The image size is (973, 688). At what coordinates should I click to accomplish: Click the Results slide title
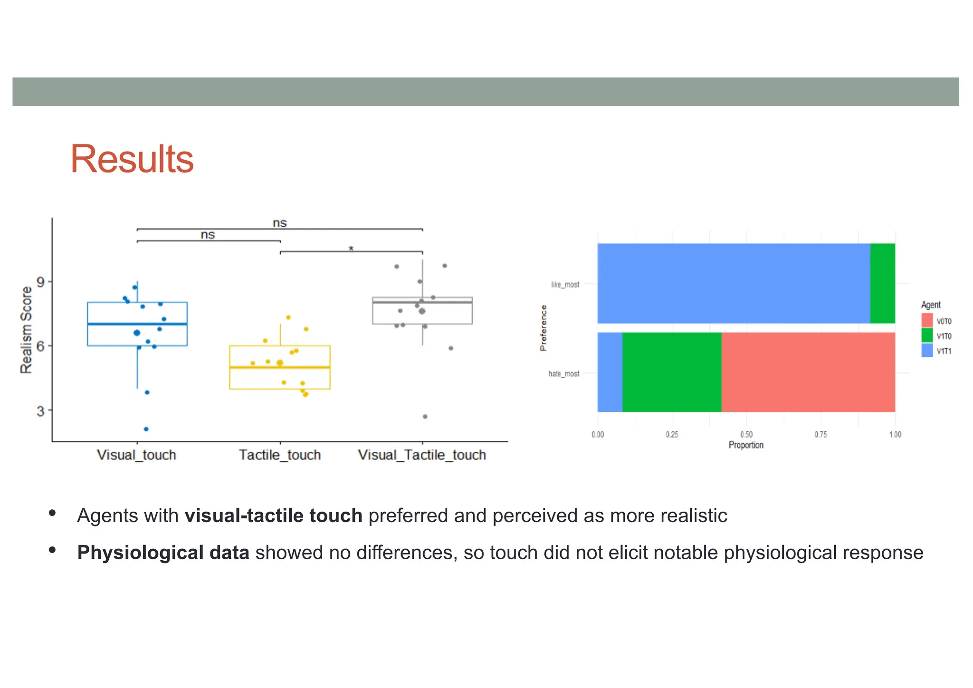132,159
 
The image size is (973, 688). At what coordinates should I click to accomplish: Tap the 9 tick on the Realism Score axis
40,282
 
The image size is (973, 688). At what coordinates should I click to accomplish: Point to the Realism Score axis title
26,330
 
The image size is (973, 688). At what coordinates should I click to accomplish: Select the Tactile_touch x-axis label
280,455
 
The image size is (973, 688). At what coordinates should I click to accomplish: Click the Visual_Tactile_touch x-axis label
422,455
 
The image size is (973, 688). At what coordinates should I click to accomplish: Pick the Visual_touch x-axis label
136,455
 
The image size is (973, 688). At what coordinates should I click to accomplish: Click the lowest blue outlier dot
146,429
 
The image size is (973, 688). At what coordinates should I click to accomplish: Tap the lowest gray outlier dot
425,417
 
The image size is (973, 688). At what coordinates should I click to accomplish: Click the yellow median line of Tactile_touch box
280,367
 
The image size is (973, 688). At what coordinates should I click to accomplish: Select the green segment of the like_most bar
882,284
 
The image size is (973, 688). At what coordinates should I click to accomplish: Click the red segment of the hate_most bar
808,372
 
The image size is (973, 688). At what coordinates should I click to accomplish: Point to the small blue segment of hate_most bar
610,372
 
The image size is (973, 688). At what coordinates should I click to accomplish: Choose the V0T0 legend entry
936,321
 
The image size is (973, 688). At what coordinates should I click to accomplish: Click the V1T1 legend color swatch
927,351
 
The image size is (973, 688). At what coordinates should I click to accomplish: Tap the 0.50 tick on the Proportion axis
746,434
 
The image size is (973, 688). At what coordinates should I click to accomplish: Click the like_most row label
565,285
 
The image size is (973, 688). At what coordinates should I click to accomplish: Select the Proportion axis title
746,445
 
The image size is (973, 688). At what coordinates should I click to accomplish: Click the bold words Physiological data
163,553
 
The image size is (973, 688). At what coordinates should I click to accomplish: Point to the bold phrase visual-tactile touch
273,516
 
